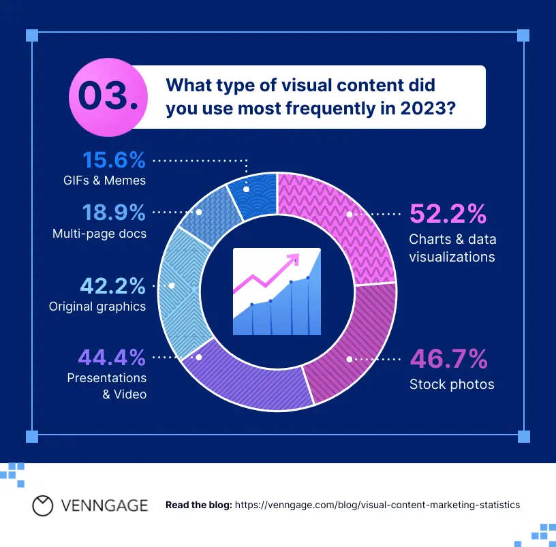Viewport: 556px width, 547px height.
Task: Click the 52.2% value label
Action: (x=448, y=214)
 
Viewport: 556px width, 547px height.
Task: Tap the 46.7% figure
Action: (x=448, y=358)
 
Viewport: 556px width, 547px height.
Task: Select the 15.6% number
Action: (x=114, y=161)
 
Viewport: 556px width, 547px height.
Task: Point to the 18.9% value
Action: (x=114, y=213)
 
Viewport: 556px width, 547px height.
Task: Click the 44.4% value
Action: (x=112, y=357)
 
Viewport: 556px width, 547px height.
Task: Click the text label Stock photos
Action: (x=451, y=385)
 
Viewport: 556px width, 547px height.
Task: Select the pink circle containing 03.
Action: (x=107, y=96)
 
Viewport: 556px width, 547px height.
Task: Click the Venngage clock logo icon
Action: (x=43, y=505)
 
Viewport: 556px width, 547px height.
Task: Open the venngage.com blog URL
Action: (x=377, y=505)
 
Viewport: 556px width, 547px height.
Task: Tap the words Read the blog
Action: (x=199, y=505)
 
